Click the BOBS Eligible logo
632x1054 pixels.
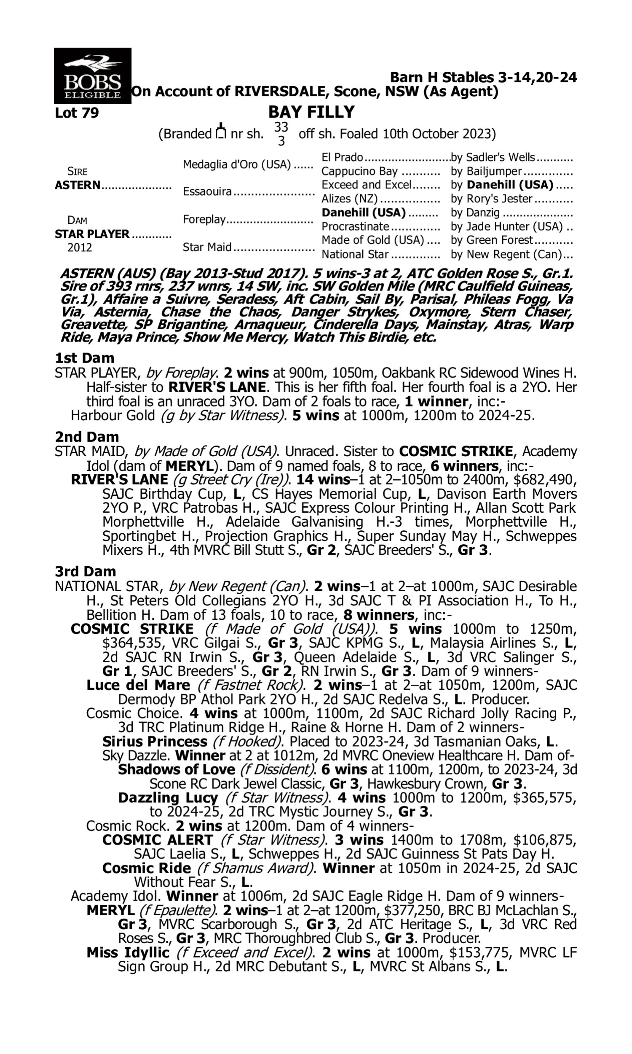point(92,75)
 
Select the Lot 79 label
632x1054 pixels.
point(77,113)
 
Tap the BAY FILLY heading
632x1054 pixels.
point(311,112)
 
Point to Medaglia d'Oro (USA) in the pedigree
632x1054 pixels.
point(237,164)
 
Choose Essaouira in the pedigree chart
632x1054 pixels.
point(207,192)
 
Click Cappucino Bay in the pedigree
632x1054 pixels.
point(359,171)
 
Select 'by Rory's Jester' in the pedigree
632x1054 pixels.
point(491,199)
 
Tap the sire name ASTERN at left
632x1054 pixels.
point(78,186)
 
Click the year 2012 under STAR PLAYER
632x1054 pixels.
point(80,248)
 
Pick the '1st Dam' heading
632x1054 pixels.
point(85,358)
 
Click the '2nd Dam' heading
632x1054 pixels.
point(87,437)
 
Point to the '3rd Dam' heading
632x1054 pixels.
point(86,571)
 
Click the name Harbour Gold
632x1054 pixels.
point(113,415)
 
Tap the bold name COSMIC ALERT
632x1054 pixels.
point(158,840)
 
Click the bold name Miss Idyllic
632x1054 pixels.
point(128,952)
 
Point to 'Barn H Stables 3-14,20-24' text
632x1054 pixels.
point(483,78)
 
